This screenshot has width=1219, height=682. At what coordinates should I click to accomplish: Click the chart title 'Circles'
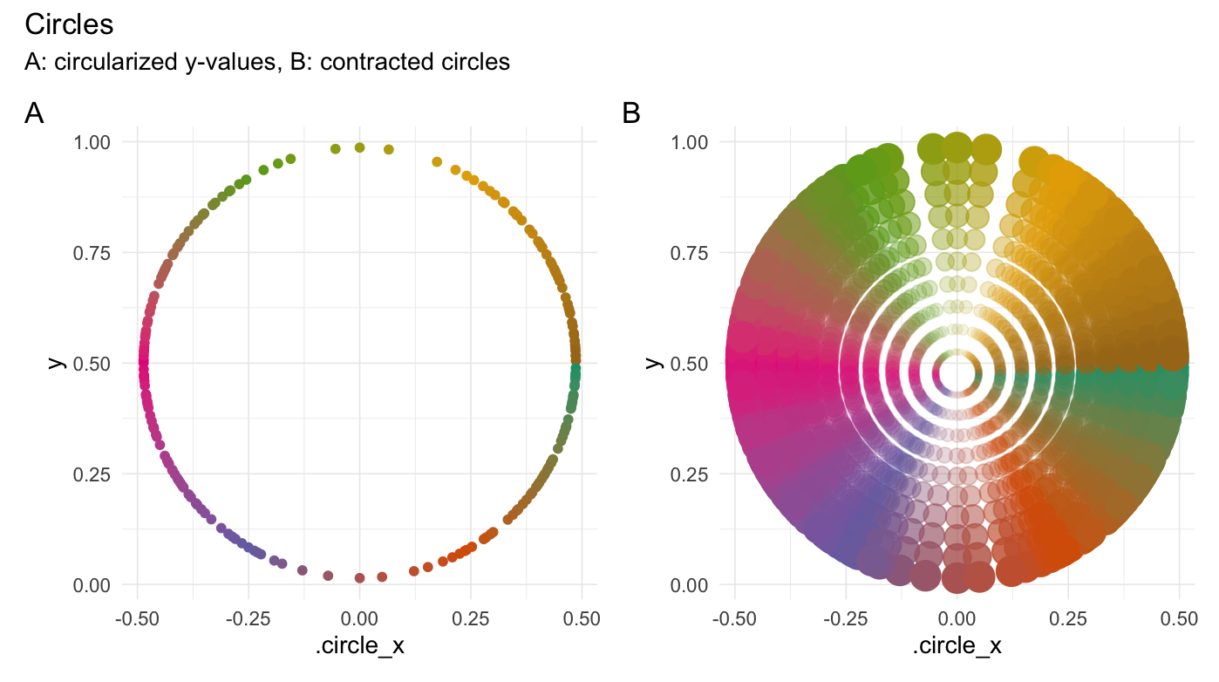click(x=69, y=24)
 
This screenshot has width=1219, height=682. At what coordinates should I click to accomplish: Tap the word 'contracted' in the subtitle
click(x=367, y=63)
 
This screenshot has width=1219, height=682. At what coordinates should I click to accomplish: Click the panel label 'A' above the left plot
click(x=34, y=113)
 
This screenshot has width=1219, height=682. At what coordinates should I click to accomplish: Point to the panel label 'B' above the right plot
click(x=631, y=113)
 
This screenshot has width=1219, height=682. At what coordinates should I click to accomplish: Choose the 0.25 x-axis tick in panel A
click(x=471, y=619)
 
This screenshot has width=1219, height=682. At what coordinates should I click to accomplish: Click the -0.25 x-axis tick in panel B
click(x=846, y=619)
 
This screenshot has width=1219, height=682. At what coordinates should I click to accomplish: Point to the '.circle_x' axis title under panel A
click(x=359, y=647)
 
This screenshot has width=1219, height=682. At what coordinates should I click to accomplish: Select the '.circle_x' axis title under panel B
click(x=957, y=647)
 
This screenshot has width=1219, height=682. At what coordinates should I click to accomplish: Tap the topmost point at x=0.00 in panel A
click(x=359, y=147)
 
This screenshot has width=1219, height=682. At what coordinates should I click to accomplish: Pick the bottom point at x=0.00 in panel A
click(x=359, y=578)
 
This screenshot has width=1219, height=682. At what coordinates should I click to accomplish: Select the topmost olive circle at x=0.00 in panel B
click(x=957, y=147)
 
